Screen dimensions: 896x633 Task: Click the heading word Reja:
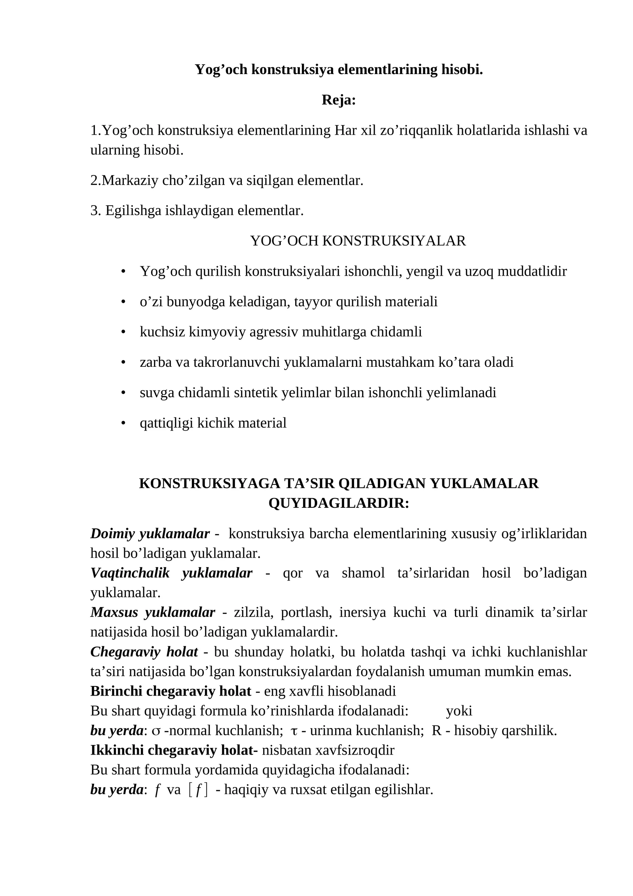point(339,100)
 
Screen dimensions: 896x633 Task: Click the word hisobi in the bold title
point(462,69)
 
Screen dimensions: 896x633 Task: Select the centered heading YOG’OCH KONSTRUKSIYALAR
point(358,241)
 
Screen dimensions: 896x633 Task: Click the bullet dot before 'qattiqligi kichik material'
point(123,423)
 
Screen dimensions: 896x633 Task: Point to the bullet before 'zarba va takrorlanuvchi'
point(123,362)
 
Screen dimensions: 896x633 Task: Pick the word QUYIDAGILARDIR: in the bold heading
point(339,503)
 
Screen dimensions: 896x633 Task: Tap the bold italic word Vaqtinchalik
point(130,573)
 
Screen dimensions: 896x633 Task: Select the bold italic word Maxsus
point(114,612)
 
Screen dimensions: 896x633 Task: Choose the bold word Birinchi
point(116,691)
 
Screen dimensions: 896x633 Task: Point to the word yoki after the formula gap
point(459,711)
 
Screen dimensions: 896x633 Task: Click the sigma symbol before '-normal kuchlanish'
point(156,731)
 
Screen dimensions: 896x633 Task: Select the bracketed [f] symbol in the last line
point(198,789)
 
